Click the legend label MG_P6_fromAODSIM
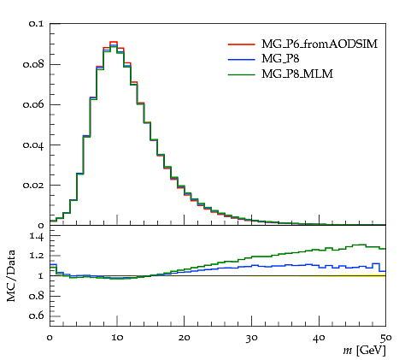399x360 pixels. [320, 44]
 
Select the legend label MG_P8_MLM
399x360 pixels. [297, 74]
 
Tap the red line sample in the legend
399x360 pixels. [241, 44]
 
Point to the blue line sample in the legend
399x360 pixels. [241, 59]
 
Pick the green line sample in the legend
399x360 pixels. [241, 74]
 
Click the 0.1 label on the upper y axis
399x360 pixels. [36, 23]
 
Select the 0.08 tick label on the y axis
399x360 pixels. [33, 64]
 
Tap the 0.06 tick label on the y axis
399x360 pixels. [33, 104]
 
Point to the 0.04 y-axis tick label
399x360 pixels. [33, 145]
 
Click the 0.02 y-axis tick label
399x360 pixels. [33, 186]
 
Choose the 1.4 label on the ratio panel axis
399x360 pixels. [37, 236]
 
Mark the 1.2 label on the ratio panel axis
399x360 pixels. [37, 255]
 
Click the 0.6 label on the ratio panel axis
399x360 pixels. [37, 316]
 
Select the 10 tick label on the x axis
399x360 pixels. [117, 338]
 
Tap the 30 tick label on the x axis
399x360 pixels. [251, 338]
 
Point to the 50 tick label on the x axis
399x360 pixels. [386, 338]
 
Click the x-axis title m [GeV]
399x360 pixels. [364, 351]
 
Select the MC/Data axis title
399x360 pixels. [11, 276]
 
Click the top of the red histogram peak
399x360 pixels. [114, 42]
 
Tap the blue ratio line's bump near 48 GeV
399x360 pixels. [376, 263]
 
